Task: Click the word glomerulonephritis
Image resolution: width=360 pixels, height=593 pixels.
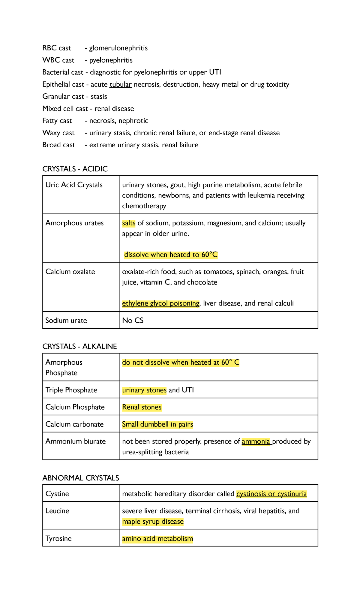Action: coord(118,48)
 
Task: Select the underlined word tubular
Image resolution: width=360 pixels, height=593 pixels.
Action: coord(121,84)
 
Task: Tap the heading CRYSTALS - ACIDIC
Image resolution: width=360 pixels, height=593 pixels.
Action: coord(75,169)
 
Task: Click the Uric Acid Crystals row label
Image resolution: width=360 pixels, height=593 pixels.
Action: coord(74,185)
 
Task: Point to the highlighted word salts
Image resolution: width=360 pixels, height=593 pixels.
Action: coord(129,223)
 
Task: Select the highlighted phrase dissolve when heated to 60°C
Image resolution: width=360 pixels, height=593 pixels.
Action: coord(171,255)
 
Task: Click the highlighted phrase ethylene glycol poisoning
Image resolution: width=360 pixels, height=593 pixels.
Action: coord(161,303)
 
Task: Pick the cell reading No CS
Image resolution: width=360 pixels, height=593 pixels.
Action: coord(133,321)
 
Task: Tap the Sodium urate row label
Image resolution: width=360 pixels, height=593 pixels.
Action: coord(66,321)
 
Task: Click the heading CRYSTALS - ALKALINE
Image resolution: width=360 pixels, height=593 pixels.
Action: coord(79,346)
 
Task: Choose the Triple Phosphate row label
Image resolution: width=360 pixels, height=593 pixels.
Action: coord(71,390)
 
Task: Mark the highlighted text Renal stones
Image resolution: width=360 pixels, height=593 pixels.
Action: coord(142,407)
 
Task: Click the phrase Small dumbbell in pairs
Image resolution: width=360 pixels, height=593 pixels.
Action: coord(157,424)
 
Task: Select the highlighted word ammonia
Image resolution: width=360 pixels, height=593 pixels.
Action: coord(256,441)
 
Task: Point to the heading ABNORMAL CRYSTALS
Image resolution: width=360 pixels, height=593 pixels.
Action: coord(81,478)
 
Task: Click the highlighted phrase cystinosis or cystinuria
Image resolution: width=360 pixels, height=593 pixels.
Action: coord(271,494)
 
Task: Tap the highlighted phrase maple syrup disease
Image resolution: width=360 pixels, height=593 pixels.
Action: coord(153,522)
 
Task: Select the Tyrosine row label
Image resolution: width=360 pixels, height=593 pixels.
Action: coord(58,539)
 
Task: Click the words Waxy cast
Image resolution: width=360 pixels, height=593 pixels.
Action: coord(58,133)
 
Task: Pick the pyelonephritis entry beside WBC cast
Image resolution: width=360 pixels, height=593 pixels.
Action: coord(111,60)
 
